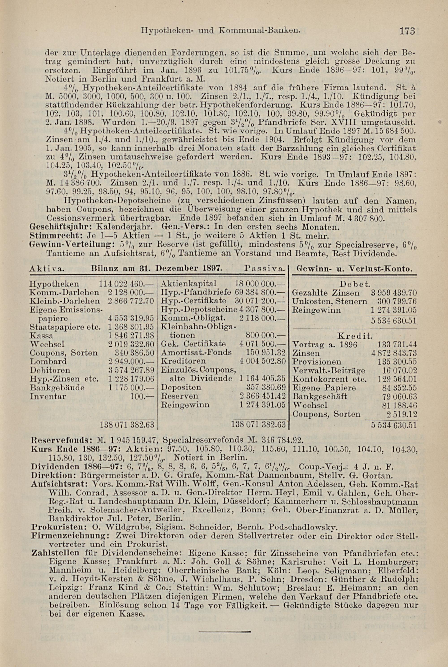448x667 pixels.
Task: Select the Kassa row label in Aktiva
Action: tap(41, 335)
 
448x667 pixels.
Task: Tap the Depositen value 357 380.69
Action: tap(266, 387)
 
